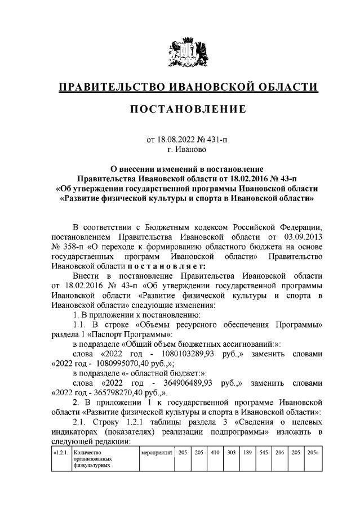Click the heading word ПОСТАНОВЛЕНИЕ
189,109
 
